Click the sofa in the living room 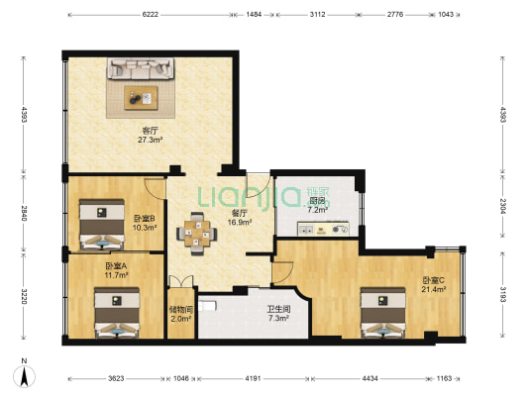coord(141,68)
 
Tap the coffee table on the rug coord(141,98)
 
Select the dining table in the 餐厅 coord(197,234)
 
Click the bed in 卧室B coord(102,225)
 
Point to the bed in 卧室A coord(117,312)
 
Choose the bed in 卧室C coord(382,312)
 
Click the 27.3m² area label coord(151,140)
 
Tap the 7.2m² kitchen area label coord(318,210)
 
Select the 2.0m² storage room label coord(181,319)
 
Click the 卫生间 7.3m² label coord(278,313)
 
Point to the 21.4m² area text coord(434,289)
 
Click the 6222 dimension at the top coord(151,15)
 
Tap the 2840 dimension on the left coord(24,213)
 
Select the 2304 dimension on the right coord(502,206)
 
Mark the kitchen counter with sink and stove coord(323,229)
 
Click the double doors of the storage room coord(181,281)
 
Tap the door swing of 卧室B coord(155,188)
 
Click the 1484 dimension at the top coord(254,15)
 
